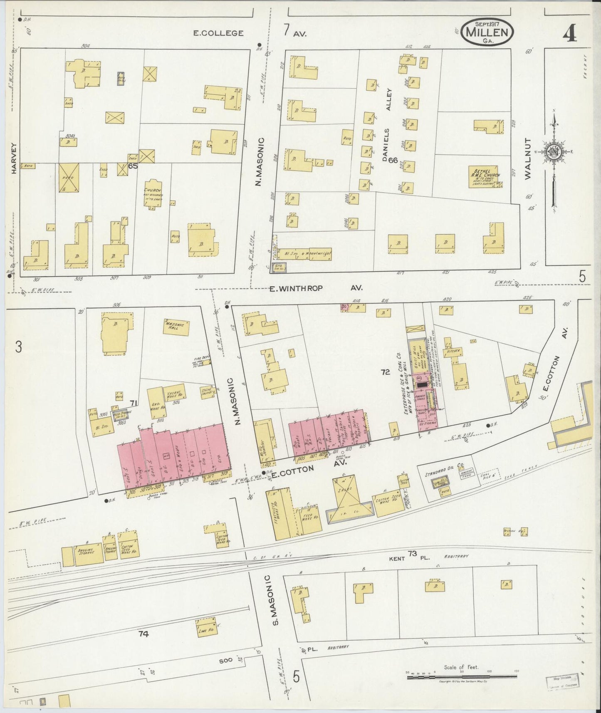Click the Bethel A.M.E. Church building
(485, 177)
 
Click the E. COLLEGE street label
(218, 33)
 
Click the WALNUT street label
(528, 158)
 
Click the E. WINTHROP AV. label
(315, 288)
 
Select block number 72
(385, 372)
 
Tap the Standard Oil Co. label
(444, 473)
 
